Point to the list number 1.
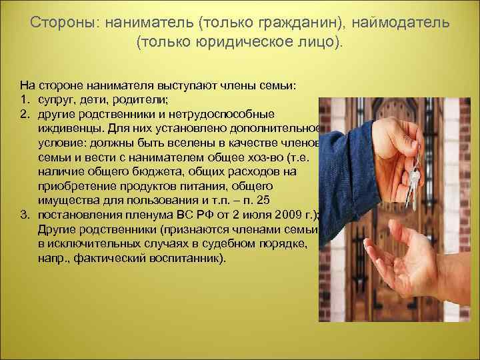click(24, 100)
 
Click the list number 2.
click(24, 113)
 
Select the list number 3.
click(24, 214)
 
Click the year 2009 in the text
click(282, 214)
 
